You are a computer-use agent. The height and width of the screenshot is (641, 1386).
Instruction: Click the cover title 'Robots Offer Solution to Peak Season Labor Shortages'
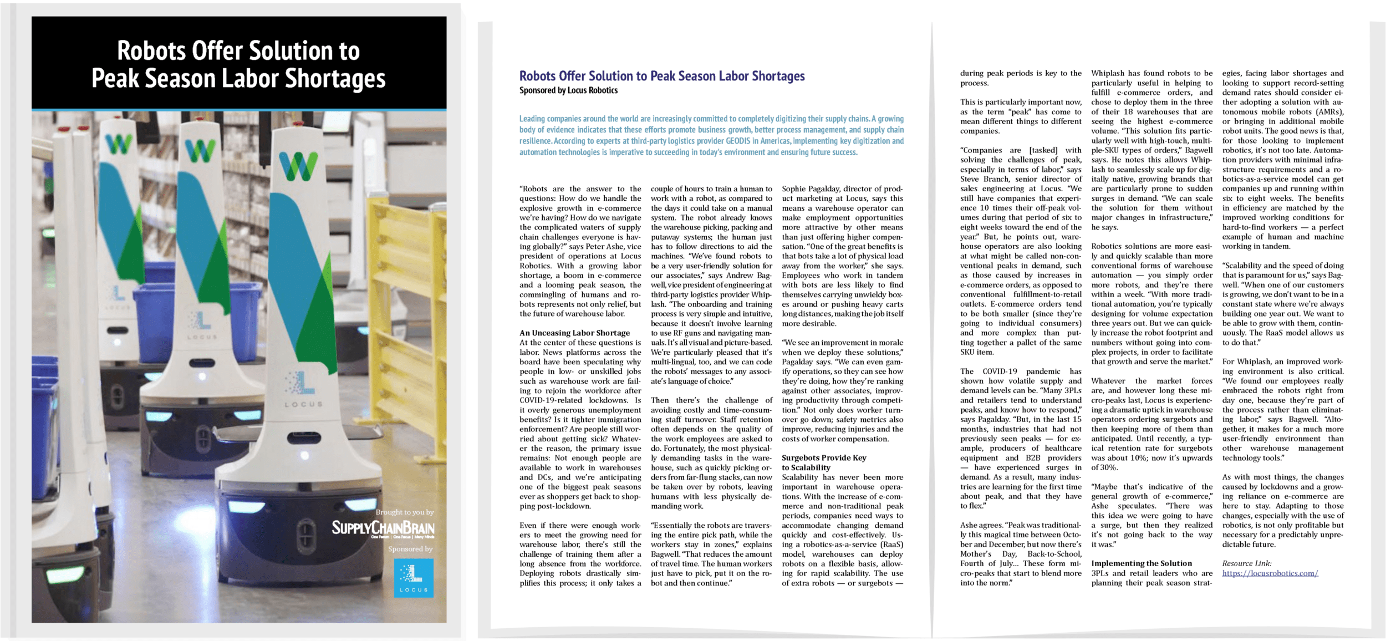[x=238, y=64]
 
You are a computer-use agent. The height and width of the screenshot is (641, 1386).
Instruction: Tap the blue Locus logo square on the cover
[x=413, y=577]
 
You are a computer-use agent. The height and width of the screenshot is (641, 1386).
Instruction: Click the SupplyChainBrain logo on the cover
[x=383, y=528]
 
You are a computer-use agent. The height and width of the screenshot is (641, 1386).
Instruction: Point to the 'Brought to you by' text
[x=404, y=512]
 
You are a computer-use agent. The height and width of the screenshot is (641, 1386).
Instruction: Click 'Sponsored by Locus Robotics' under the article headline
[x=568, y=90]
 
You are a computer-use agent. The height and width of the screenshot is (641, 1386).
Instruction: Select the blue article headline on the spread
[x=661, y=76]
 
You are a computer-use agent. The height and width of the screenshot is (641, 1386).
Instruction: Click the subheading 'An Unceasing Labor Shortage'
[x=574, y=333]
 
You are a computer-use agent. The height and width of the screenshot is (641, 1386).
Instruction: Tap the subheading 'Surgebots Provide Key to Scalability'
[x=823, y=462]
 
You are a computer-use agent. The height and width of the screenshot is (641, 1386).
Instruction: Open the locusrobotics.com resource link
[x=1270, y=573]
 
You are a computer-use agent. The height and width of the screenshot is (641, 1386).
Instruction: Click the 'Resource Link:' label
[x=1247, y=563]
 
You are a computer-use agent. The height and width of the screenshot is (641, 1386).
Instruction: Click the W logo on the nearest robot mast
[x=298, y=165]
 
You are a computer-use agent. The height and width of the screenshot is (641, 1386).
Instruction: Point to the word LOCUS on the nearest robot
[x=303, y=404]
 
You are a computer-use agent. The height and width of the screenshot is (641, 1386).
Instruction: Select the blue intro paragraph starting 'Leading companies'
[x=711, y=135]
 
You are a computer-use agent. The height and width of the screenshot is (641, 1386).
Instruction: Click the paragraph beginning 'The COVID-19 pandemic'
[x=1021, y=438]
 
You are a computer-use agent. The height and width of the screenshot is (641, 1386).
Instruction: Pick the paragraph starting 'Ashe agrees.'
[x=1021, y=553]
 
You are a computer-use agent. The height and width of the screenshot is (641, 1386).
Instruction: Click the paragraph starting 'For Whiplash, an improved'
[x=1283, y=409]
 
